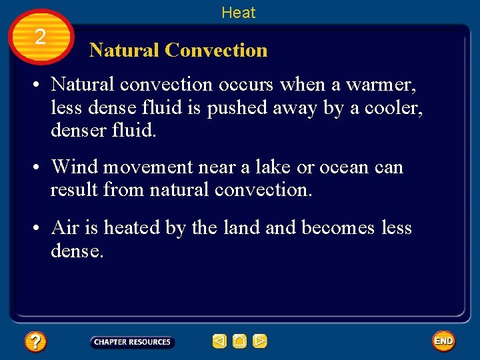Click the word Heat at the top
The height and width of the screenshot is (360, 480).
pos(238,12)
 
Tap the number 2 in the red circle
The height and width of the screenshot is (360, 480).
pos(41,37)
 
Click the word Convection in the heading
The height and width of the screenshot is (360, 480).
pos(216,50)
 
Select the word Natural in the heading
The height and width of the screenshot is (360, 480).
pos(124,50)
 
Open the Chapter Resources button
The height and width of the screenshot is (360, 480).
pos(132,342)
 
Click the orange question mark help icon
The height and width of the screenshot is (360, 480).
pos(35,342)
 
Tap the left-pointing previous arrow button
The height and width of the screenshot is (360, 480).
pos(219,342)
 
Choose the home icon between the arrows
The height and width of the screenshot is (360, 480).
pos(239,342)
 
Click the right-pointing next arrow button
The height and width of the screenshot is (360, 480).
pos(260,342)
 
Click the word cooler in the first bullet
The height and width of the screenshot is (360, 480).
pos(385,108)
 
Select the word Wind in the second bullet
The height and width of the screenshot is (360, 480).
pos(75,167)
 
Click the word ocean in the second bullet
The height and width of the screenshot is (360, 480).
pos(347,167)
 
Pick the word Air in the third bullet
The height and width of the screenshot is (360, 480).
pos(65,228)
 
